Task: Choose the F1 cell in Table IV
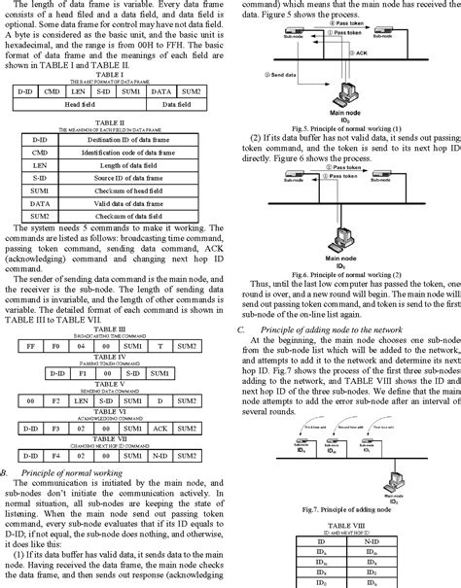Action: pos(84,344)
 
